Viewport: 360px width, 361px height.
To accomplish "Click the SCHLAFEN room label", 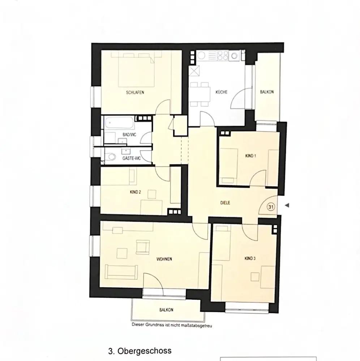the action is click(x=135, y=92).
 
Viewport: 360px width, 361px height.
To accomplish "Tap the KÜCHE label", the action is click(x=222, y=92).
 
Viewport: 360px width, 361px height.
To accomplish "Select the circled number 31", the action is click(x=271, y=207).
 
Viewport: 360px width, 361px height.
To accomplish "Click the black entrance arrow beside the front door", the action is click(x=287, y=205).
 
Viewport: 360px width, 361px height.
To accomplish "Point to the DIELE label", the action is click(x=225, y=203).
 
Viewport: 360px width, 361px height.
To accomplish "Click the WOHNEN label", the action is click(x=164, y=259).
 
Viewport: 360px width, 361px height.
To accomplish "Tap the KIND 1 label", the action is click(x=250, y=156).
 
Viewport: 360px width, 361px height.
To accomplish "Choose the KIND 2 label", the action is click(x=135, y=192).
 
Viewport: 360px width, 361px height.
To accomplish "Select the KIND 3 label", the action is click(x=250, y=258).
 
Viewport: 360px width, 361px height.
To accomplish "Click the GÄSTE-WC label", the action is click(x=132, y=158).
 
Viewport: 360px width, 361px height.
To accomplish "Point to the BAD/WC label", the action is click(x=129, y=135).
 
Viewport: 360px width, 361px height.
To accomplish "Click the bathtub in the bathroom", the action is click(x=119, y=123).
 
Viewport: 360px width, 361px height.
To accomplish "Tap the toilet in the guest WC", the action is click(x=111, y=157).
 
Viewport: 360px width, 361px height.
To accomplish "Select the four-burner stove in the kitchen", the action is click(x=223, y=56).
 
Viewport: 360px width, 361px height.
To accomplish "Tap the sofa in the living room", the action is click(x=121, y=272).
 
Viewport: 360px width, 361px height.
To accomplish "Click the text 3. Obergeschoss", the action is click(x=140, y=351).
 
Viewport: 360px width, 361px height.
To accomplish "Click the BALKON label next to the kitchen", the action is click(x=267, y=92).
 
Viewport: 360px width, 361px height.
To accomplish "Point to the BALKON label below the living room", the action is click(x=166, y=310).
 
